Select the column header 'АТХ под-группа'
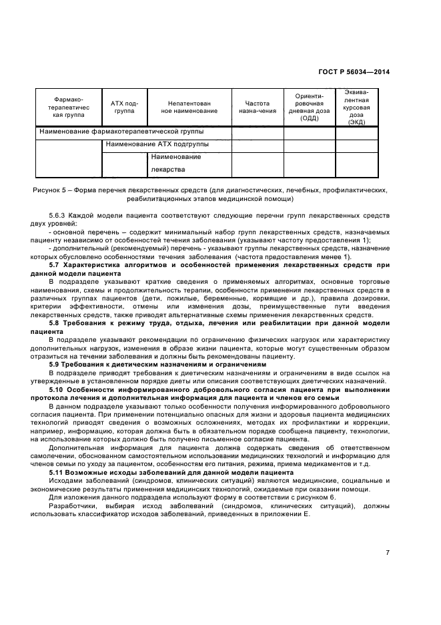click(x=124, y=108)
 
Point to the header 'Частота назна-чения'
click(x=257, y=108)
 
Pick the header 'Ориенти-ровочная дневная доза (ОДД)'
click(x=309, y=108)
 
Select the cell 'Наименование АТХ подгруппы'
click(x=157, y=144)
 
